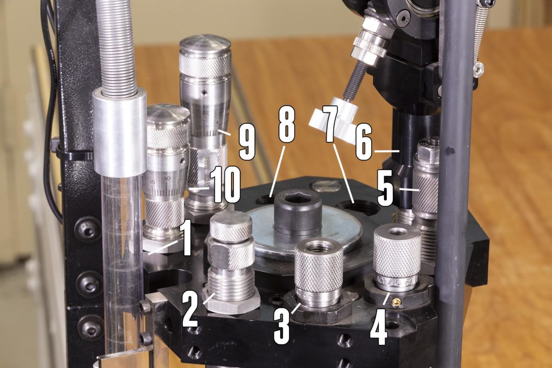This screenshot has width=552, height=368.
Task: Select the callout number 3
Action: [x=282, y=326]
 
